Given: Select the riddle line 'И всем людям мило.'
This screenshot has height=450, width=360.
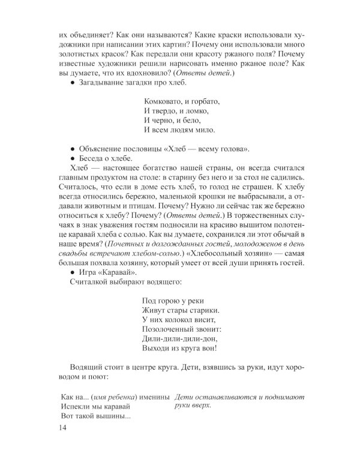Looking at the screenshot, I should pyautogui.click(x=179, y=129).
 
